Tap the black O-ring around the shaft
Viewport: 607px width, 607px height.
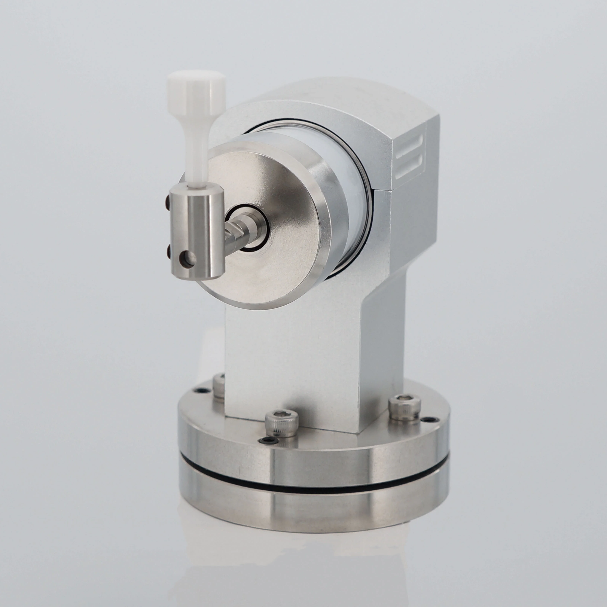tap(266, 220)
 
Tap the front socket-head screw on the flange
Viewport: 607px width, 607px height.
tap(281, 424)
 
